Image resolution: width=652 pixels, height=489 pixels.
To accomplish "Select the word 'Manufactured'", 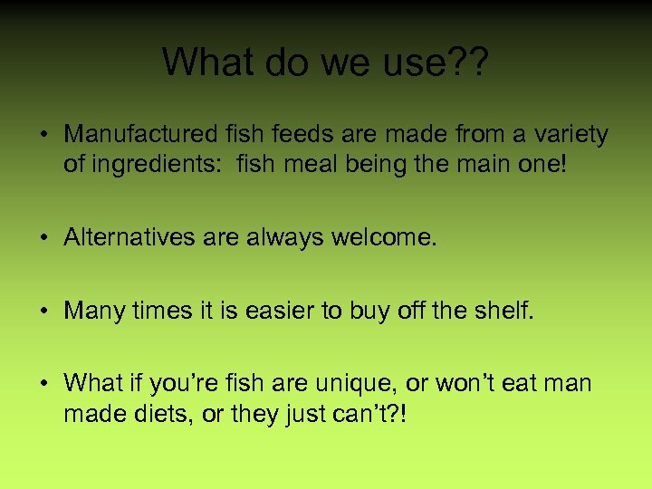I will [140, 135].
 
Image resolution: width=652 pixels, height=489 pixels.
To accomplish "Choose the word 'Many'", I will [91, 311].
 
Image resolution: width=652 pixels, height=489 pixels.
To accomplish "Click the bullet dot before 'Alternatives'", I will [43, 238].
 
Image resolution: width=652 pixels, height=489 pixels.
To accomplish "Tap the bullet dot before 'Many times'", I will [43, 312].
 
